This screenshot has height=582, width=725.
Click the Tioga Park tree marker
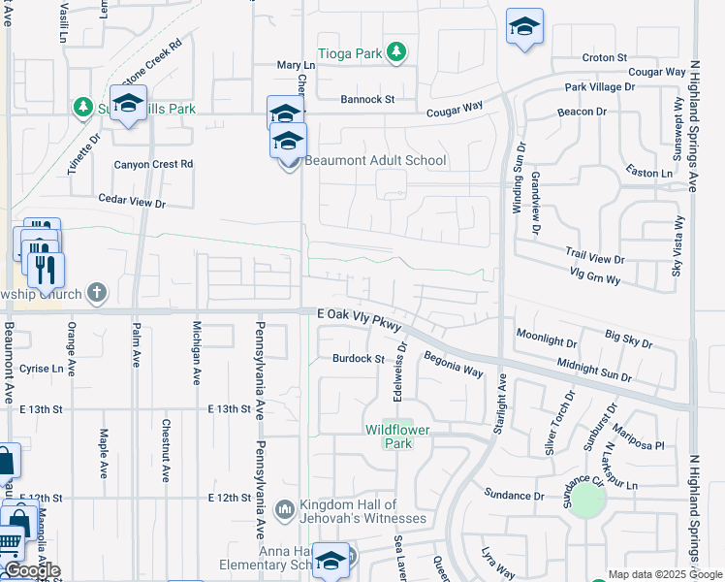395,52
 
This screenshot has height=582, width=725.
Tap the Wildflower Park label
396,436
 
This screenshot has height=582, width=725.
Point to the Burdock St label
360,358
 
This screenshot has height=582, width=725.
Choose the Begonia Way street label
453,365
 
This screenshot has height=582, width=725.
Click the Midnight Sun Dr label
594,369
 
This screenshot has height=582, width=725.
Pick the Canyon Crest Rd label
153,164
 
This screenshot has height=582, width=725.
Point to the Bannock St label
367,99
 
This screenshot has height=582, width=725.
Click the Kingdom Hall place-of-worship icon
285,509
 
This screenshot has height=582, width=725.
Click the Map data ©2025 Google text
664,574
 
